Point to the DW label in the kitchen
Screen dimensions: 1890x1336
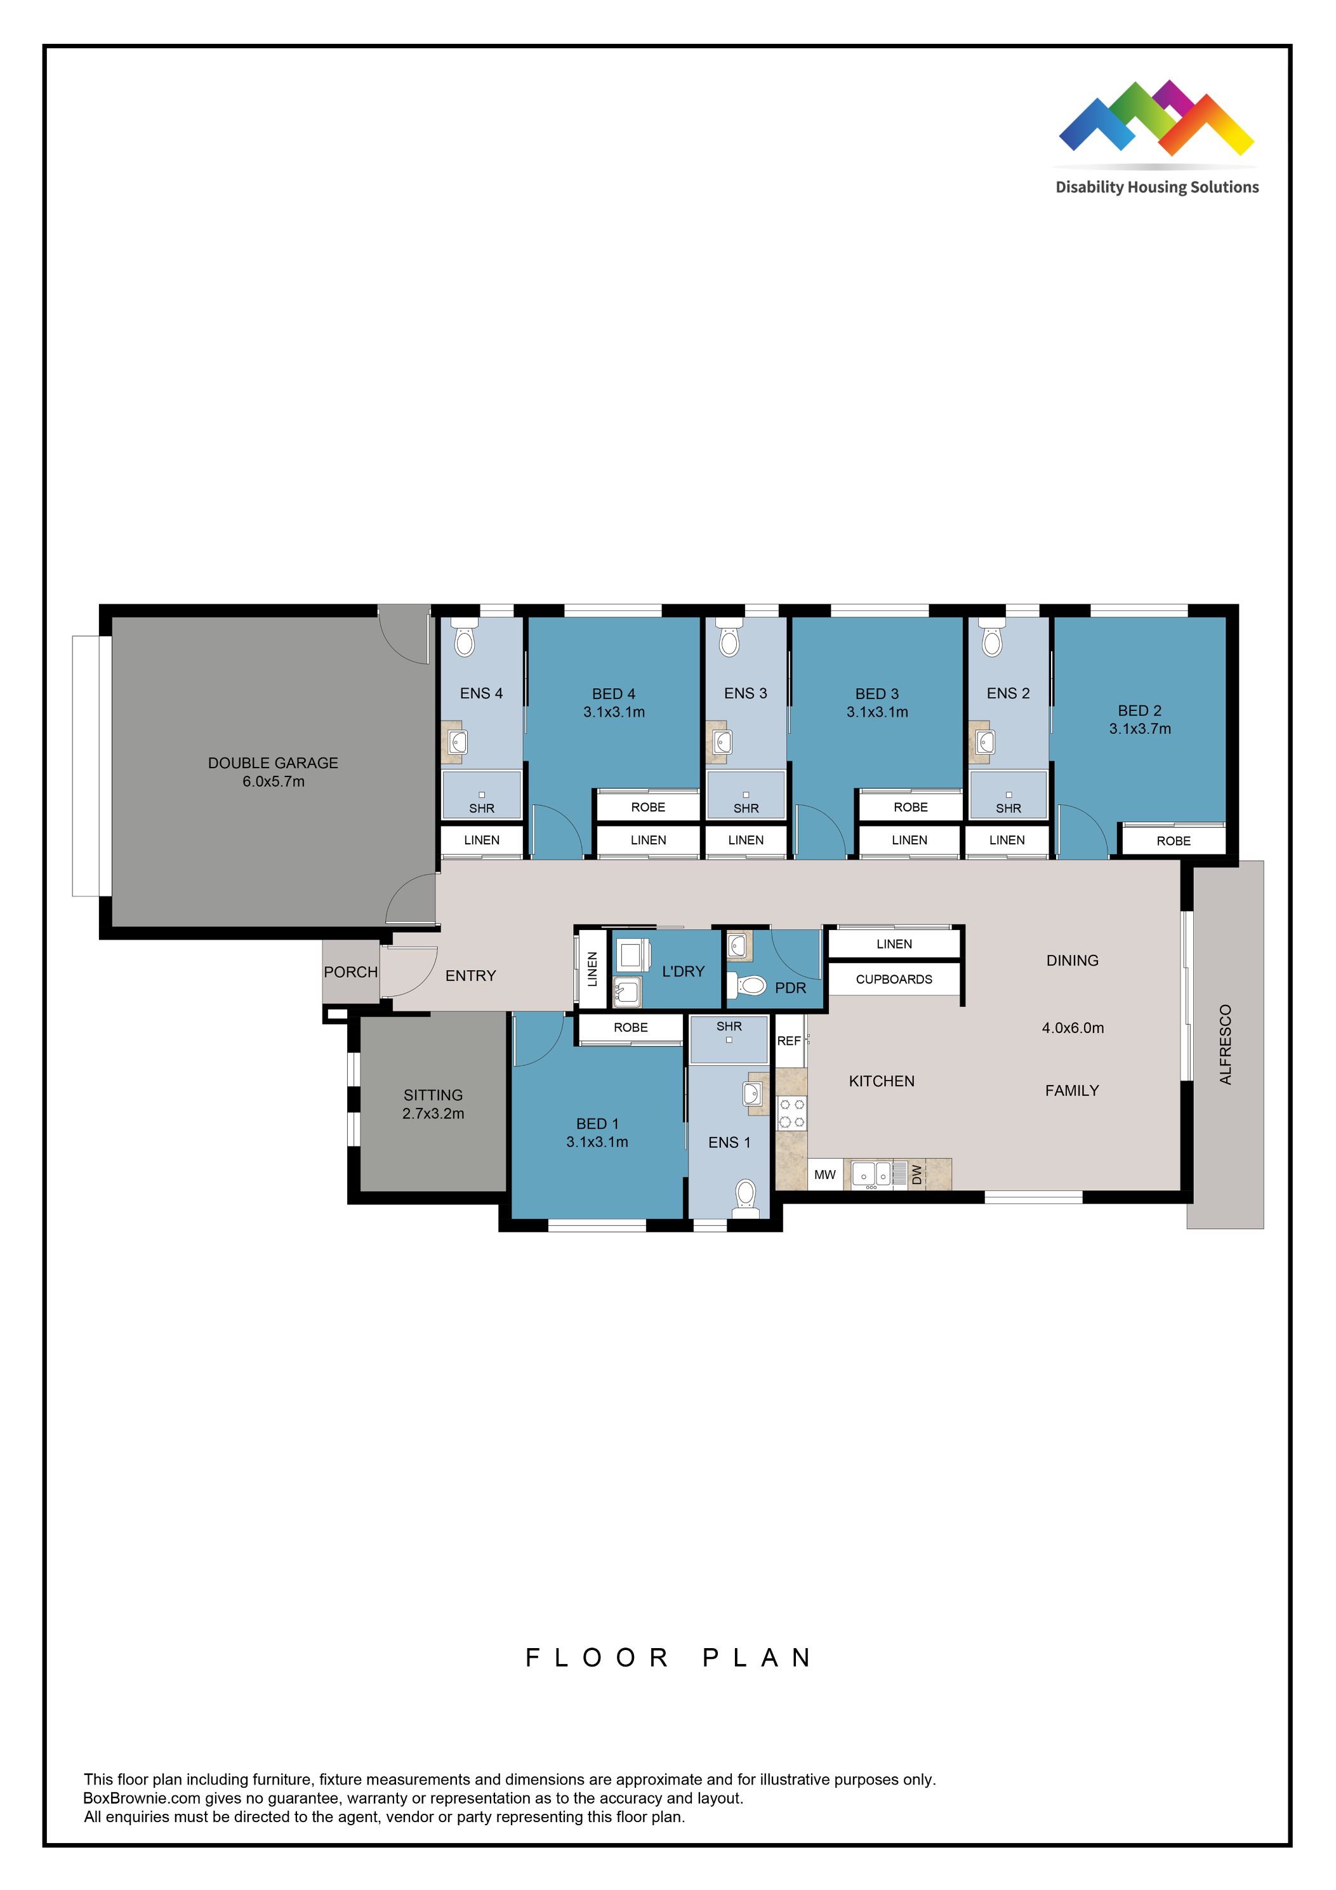917,1175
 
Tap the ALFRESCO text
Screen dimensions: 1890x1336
1225,1044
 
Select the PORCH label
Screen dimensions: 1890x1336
351,971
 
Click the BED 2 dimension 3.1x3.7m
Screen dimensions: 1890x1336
1139,728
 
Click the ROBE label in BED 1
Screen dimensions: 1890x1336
630,1027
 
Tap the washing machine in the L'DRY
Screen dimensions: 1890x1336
633,954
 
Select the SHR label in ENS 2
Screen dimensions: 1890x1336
1008,808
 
